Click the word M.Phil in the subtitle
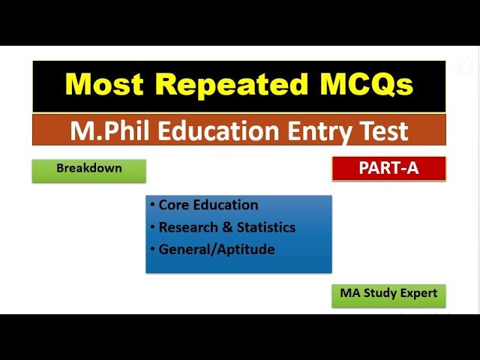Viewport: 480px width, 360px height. pos(108,130)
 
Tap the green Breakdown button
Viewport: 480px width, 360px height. pos(88,169)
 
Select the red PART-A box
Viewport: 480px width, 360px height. pos(388,169)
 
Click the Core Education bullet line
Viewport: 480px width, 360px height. pos(208,205)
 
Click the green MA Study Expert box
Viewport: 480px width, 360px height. pos(388,293)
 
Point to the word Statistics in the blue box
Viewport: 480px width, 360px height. pos(266,227)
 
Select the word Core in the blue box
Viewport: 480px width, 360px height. pos(172,205)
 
